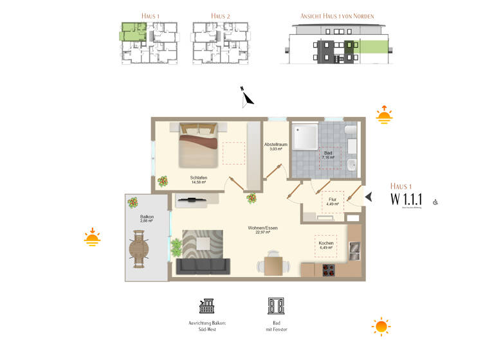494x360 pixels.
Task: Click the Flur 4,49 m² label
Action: (333, 202)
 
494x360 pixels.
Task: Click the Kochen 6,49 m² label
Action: (325, 246)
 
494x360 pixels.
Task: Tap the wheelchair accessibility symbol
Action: (435, 202)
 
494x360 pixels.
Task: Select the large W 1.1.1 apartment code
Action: (409, 199)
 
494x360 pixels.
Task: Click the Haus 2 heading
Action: (221, 15)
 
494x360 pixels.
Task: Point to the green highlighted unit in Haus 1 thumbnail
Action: (133, 30)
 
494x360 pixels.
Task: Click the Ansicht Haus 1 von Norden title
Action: (337, 15)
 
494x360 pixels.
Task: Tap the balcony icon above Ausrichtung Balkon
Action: (207, 305)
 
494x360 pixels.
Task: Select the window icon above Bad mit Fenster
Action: (275, 305)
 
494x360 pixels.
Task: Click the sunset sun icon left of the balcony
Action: (92, 239)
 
